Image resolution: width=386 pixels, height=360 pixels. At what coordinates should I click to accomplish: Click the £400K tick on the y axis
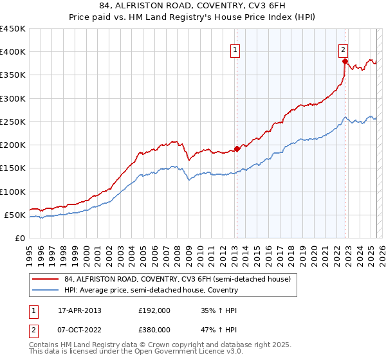(13, 51)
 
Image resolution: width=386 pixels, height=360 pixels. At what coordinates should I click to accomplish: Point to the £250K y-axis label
(13, 122)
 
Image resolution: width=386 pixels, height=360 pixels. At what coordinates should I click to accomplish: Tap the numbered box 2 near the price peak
(344, 50)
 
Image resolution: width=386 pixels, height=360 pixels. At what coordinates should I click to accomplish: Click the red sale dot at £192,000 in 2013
(237, 148)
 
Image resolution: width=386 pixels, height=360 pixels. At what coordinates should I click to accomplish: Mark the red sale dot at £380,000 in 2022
(345, 61)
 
